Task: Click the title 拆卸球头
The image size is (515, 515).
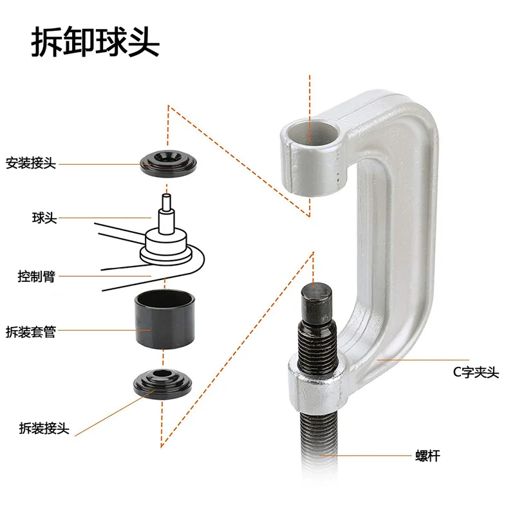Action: click(95, 43)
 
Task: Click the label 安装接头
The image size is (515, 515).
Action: click(31, 164)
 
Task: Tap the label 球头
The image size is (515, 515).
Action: click(44, 219)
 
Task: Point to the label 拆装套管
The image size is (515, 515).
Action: click(31, 333)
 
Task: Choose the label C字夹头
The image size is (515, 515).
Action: click(475, 372)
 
